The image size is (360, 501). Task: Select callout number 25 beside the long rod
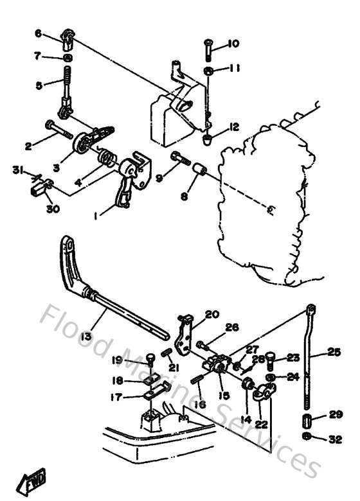pos(334,352)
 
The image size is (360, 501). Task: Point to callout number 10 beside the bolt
pos(233,44)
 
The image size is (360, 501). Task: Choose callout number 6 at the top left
pos(38,33)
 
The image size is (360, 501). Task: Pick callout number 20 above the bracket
pos(213,314)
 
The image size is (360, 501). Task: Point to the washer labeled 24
pos(273,377)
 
